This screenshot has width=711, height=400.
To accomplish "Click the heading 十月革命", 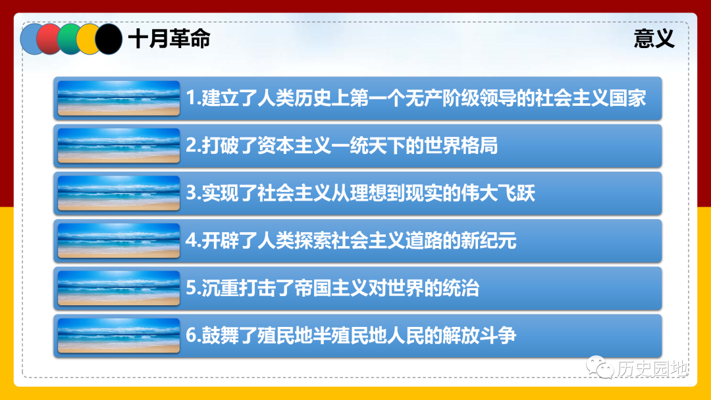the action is click(x=169, y=39).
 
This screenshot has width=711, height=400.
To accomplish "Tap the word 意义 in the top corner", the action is click(x=654, y=39).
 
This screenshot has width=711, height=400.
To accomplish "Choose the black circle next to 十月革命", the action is click(x=108, y=39).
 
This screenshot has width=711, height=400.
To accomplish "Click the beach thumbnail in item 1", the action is click(x=118, y=98).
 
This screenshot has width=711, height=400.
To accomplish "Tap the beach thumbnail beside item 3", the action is click(x=118, y=193).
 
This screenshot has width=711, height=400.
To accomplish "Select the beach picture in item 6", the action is click(x=118, y=336).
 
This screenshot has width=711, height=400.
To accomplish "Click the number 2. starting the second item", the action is click(x=193, y=146).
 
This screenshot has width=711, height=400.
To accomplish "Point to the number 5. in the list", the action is click(x=193, y=288).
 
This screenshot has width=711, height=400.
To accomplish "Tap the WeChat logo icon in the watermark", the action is click(x=600, y=367).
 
